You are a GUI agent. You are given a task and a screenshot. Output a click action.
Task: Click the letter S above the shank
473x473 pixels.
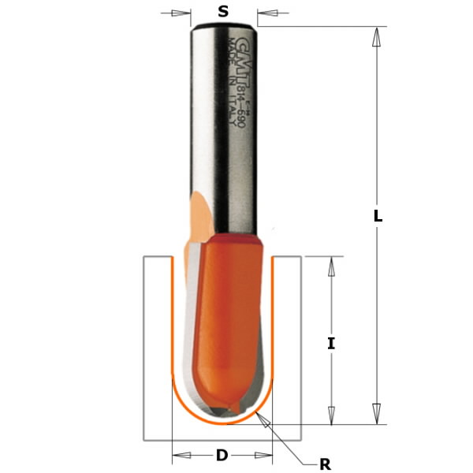pyautogui.click(x=223, y=12)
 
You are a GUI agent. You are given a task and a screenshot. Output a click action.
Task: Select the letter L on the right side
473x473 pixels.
pyautogui.click(x=378, y=216)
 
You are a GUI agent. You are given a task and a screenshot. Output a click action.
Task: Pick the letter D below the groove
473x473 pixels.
pyautogui.click(x=222, y=455)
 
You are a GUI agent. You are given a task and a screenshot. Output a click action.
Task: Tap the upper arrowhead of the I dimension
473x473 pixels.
pyautogui.click(x=331, y=266)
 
